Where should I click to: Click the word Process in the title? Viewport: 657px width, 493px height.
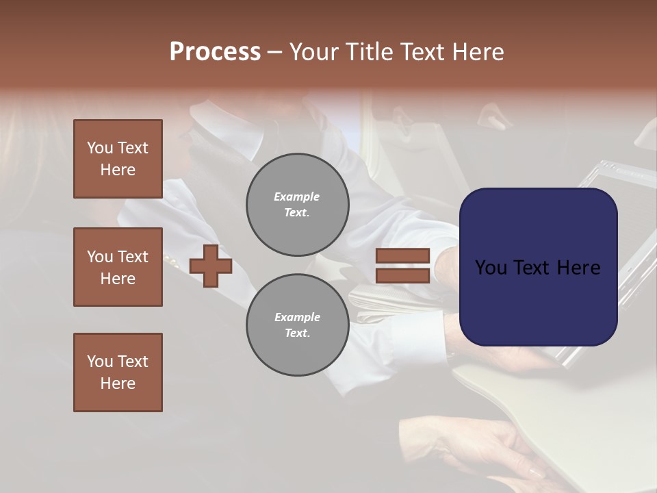click(215, 52)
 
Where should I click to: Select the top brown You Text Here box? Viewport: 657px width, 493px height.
click(118, 159)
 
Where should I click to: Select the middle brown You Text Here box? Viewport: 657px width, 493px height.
click(118, 267)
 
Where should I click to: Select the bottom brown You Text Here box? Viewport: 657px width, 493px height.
click(118, 372)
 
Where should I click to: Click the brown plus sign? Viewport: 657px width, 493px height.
click(211, 266)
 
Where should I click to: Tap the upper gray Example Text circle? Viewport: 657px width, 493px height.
click(297, 205)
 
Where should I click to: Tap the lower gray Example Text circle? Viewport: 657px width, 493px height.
click(297, 325)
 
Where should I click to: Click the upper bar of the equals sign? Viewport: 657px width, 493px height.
click(402, 256)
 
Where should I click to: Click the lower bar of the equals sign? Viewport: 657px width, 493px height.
click(402, 276)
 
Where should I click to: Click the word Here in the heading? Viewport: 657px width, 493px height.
click(478, 52)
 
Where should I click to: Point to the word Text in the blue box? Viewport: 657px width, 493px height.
click(538, 268)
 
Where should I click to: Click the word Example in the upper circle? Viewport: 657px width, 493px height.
click(297, 197)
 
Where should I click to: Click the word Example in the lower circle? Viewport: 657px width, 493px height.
click(297, 317)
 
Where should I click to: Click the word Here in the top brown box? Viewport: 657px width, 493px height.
click(118, 170)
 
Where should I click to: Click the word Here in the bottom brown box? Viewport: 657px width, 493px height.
click(118, 383)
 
